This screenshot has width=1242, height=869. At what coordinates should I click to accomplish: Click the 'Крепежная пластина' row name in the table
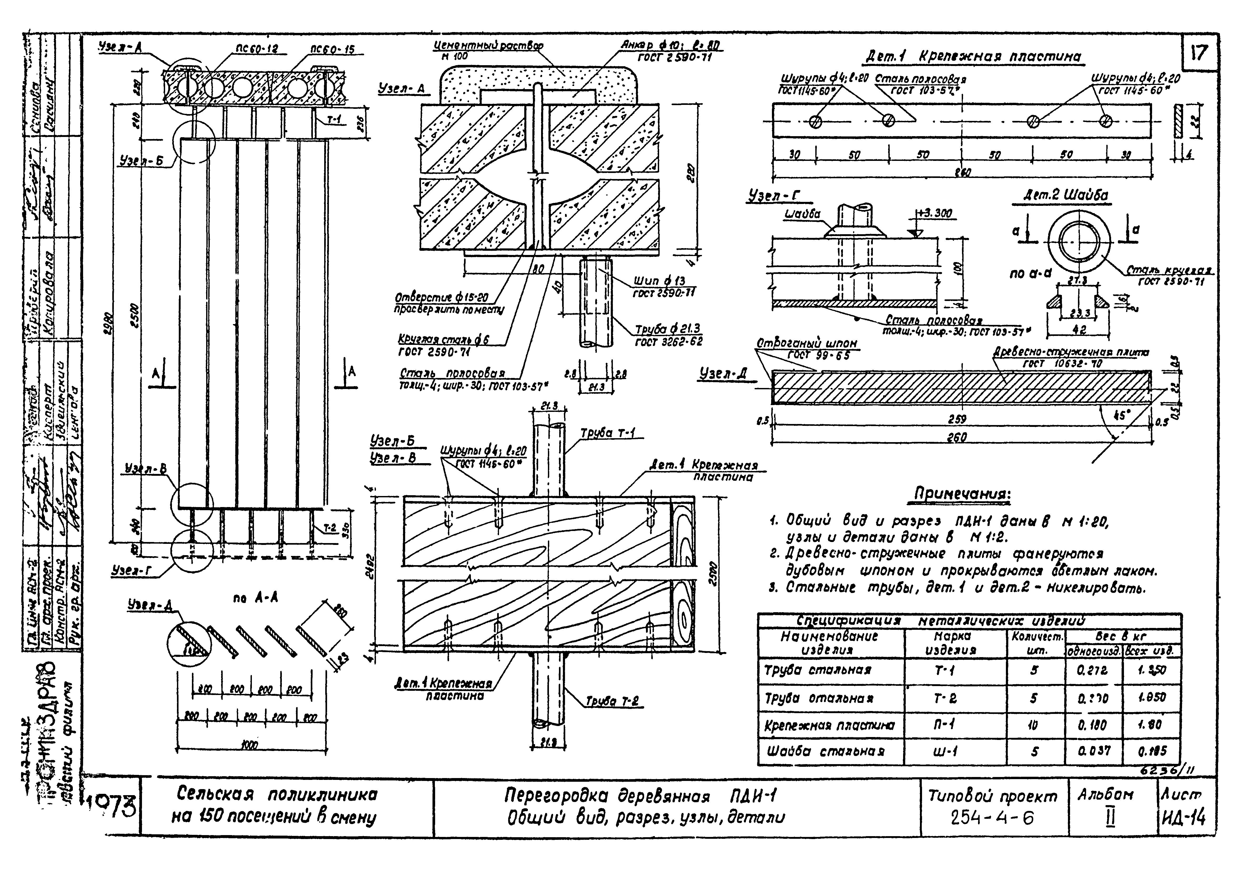[829, 725]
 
